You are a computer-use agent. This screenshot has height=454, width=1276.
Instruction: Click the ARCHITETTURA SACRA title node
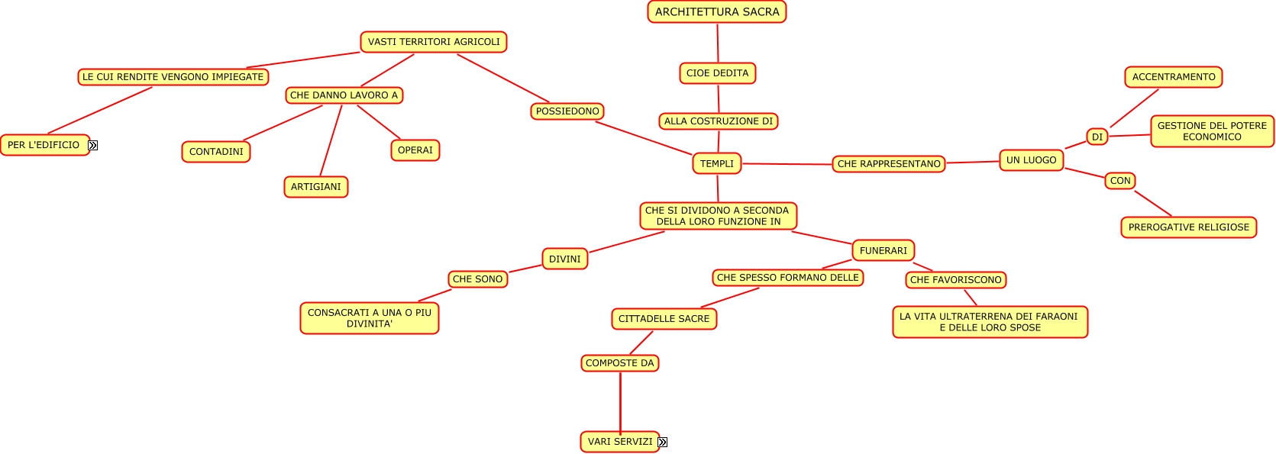point(717,12)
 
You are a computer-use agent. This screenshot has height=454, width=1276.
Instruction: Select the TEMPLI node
point(717,163)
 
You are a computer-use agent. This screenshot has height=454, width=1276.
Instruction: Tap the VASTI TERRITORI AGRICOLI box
point(434,42)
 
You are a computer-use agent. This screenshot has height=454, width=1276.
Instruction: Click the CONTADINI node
point(216,152)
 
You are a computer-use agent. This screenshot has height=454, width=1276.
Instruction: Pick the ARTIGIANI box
point(316,187)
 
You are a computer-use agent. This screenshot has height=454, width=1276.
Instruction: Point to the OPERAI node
point(415,150)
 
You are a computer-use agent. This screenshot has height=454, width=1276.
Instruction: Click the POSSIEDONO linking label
point(567,111)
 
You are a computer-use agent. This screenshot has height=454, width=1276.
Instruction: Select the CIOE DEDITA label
point(717,73)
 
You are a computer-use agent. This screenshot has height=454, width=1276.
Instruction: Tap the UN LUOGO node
point(1031,160)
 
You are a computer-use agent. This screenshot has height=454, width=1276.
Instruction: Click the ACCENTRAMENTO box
point(1174,77)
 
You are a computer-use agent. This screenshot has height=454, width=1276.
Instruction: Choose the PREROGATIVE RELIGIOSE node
point(1189,227)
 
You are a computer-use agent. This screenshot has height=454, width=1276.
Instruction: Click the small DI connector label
point(1097,137)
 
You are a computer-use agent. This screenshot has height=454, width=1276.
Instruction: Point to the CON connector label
point(1120,181)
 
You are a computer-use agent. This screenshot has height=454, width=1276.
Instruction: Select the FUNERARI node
point(884,250)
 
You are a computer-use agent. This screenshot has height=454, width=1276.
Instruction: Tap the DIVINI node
point(565,259)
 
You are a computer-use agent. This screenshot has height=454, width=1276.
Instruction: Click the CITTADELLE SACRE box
point(664,319)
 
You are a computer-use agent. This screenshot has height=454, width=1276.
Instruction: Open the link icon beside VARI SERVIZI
point(663,442)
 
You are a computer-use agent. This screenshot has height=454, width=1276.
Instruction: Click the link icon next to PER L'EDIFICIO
point(93,145)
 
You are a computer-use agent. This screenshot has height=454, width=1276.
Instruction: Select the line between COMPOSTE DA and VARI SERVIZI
point(620,402)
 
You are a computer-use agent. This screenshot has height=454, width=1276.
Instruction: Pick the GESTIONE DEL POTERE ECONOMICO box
point(1212,131)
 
